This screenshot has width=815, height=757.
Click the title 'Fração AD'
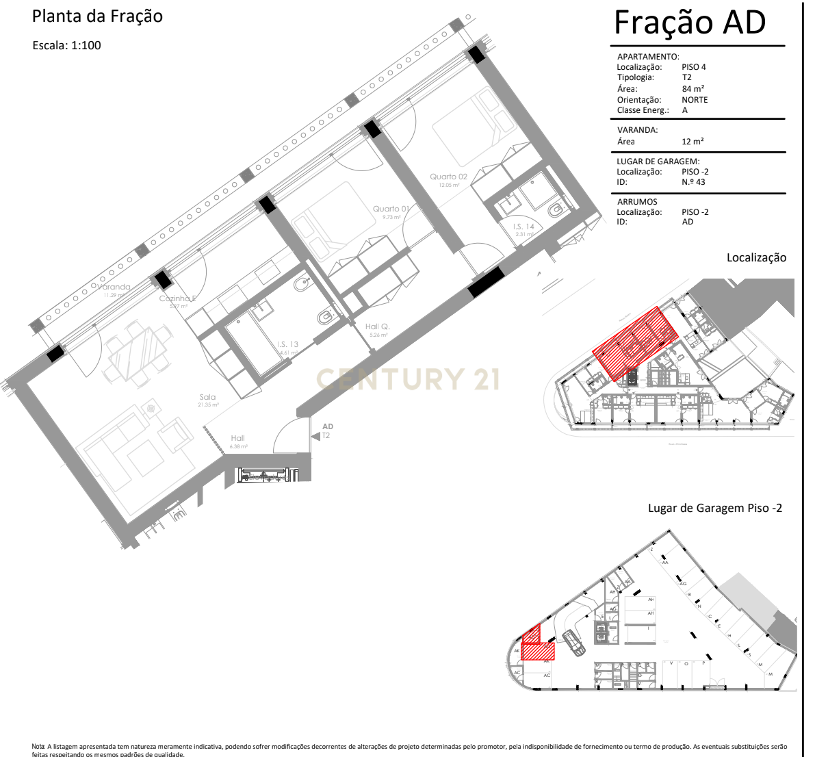tap(689, 23)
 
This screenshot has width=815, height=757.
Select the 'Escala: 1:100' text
tap(67, 46)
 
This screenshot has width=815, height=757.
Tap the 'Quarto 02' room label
tap(448, 177)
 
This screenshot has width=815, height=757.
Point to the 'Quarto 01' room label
tap(391, 209)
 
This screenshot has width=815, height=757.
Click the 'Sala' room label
tap(207, 397)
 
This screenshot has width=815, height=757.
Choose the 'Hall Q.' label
tap(377, 327)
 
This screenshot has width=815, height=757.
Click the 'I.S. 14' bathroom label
tap(523, 227)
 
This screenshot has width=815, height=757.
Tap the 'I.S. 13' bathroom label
tap(287, 345)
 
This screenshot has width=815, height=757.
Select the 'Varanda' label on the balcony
tap(114, 287)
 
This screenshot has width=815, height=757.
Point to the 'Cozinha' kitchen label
tap(177, 298)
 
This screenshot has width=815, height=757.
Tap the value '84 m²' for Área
tap(693, 89)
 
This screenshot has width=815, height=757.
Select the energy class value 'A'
tap(684, 110)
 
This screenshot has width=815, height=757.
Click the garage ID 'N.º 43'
tap(693, 182)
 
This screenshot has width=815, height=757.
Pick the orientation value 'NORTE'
tap(695, 100)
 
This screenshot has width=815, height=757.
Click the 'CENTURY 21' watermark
tap(407, 379)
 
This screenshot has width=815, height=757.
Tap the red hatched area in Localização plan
tap(635, 343)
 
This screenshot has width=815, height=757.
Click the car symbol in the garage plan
tap(573, 641)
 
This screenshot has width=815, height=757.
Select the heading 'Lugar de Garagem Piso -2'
tap(714, 508)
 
